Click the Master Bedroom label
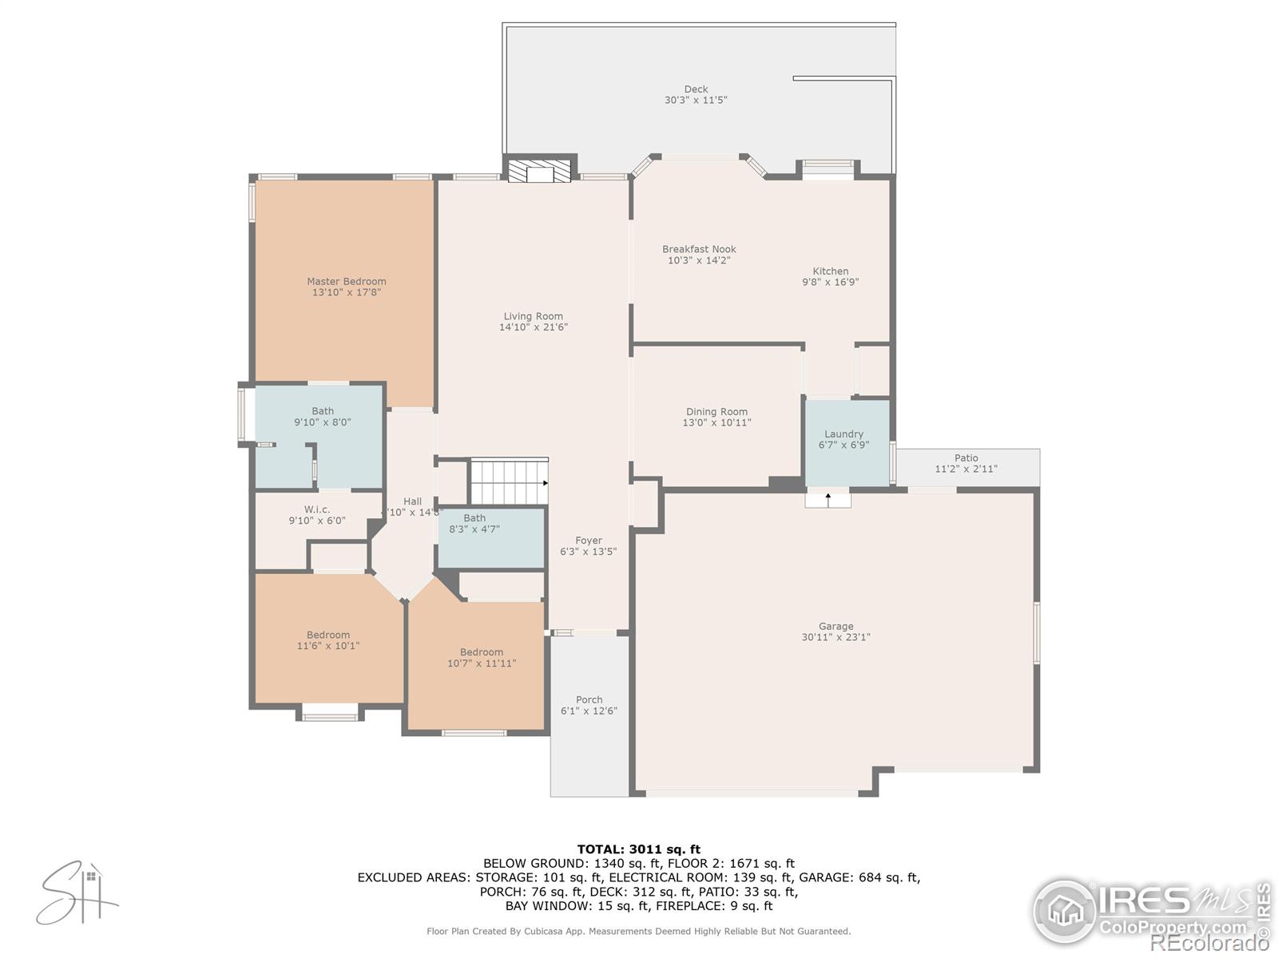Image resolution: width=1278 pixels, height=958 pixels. pyautogui.click(x=346, y=281)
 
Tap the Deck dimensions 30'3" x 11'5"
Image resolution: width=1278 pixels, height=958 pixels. pyautogui.click(x=695, y=101)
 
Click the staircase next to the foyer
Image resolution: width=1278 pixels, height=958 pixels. pyautogui.click(x=508, y=481)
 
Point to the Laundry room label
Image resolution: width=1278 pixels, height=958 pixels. pyautogui.click(x=843, y=434)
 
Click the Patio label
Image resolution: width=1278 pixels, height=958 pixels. pyautogui.click(x=966, y=458)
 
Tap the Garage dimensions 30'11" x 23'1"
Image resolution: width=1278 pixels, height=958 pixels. pyautogui.click(x=835, y=637)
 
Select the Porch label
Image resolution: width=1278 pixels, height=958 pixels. pyautogui.click(x=589, y=700)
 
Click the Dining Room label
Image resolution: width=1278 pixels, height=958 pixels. pyautogui.click(x=716, y=412)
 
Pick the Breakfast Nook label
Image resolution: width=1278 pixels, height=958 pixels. pyautogui.click(x=699, y=249)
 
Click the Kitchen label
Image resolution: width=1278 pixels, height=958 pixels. pyautogui.click(x=830, y=271)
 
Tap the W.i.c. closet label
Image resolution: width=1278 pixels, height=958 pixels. pyautogui.click(x=316, y=509)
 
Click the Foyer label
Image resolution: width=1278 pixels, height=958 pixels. pyautogui.click(x=589, y=540)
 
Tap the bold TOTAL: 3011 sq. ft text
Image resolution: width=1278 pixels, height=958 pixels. pyautogui.click(x=638, y=849)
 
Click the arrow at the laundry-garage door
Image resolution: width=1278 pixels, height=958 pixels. pyautogui.click(x=828, y=499)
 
